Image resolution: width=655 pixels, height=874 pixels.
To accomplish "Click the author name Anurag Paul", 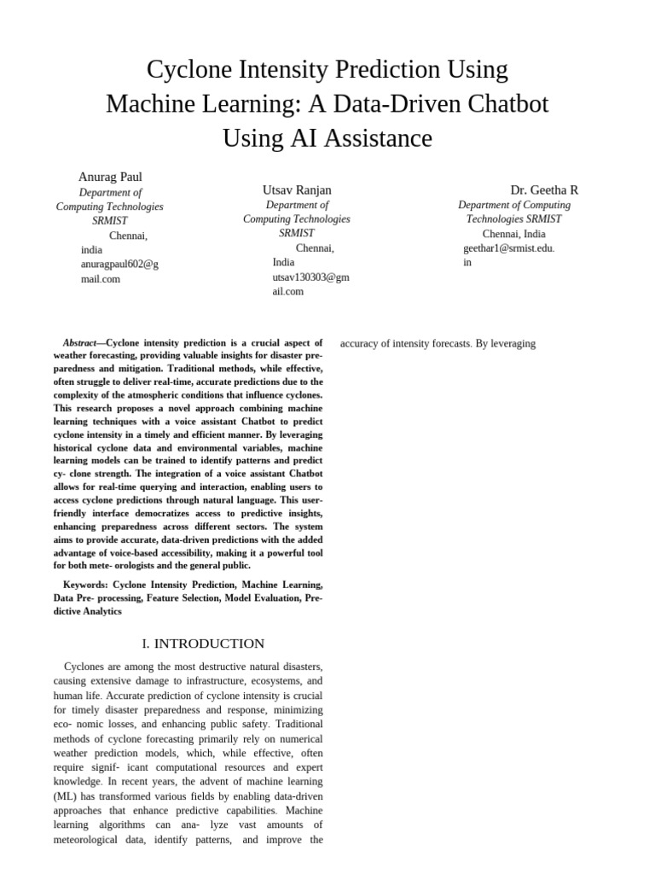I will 110,177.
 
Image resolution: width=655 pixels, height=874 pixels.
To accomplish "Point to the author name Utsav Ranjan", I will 297,189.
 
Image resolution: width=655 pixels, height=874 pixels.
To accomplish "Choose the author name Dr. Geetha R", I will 544,189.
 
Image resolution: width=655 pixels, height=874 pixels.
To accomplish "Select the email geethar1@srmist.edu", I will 508,248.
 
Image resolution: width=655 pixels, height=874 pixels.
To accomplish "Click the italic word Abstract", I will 79,343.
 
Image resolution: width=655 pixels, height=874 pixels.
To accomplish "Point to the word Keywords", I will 85,585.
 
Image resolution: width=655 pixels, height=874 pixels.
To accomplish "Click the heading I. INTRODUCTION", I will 203,644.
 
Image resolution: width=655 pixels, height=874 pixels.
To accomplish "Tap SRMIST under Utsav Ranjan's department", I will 297,233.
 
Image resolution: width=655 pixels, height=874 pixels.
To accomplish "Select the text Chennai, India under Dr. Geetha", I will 513,234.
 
